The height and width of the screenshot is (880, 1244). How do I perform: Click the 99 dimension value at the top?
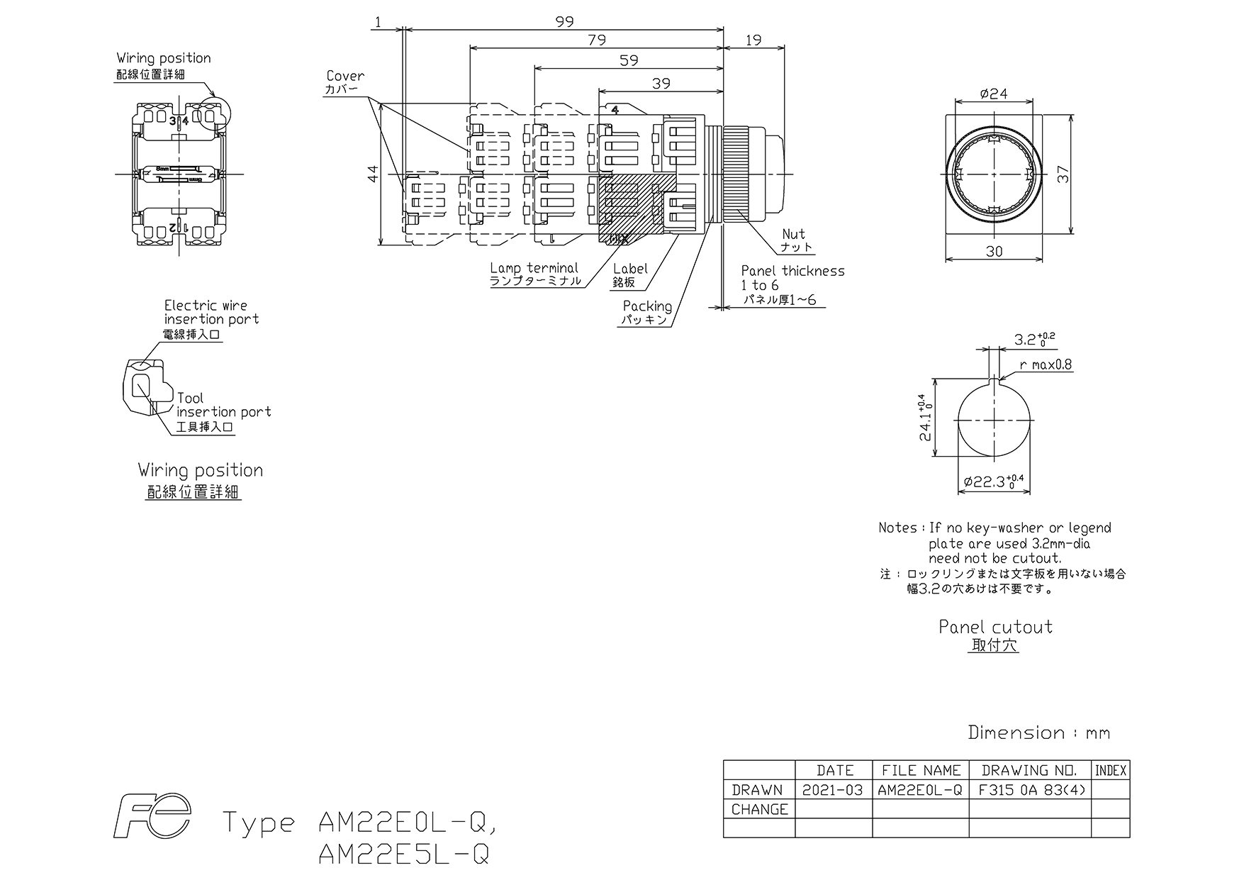point(564,22)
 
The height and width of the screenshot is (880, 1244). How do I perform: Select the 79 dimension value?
point(597,40)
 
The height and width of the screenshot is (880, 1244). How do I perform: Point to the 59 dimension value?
point(629,61)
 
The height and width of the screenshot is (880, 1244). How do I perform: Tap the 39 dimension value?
point(661,84)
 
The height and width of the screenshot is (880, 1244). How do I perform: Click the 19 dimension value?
point(753,40)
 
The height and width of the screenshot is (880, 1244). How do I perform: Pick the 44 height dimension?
point(374,174)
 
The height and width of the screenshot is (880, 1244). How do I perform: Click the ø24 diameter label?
point(994,94)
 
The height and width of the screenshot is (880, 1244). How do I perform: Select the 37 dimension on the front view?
point(1063,174)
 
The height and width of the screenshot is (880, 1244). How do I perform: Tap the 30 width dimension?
point(994,251)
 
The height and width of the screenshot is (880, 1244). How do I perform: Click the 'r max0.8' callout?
point(1046,365)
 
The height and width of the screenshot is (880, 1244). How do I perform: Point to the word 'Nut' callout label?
point(794,234)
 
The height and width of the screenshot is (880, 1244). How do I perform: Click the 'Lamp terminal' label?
point(534,268)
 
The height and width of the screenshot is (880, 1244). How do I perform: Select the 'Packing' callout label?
point(647,306)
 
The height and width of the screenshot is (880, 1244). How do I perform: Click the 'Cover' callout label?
point(345,76)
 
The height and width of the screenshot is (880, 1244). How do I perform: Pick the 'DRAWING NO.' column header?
point(1029,770)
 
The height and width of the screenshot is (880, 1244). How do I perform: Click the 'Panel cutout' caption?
point(995,627)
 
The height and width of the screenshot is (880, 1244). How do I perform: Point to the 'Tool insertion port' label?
point(224,405)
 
